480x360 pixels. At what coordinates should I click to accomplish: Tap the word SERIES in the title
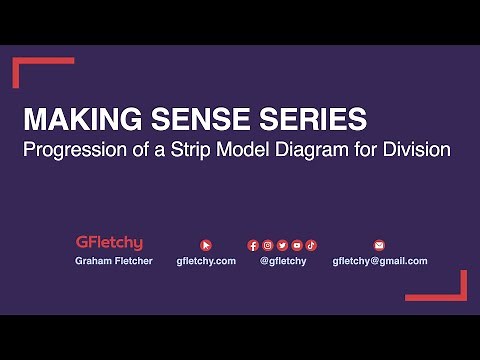point(310,120)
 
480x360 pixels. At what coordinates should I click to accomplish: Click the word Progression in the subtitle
point(81,150)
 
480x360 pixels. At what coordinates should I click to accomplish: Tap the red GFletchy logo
point(109,242)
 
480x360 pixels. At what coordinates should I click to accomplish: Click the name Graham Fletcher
point(113,261)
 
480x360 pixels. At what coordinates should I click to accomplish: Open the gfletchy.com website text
point(206,261)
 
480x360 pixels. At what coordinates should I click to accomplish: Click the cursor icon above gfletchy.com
point(206,244)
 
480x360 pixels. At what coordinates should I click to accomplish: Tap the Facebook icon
point(253,244)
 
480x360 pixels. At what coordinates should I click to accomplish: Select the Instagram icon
point(268,244)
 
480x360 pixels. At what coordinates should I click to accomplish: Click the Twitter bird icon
point(283,244)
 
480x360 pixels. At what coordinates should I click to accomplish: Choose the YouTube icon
point(297,244)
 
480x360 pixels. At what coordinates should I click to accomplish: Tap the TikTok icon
point(311,244)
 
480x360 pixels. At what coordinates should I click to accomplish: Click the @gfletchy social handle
point(283,261)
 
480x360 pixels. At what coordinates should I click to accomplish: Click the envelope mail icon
point(379,244)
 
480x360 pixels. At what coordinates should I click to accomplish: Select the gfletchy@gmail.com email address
point(380,261)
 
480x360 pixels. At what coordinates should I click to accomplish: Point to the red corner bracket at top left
point(30,66)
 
